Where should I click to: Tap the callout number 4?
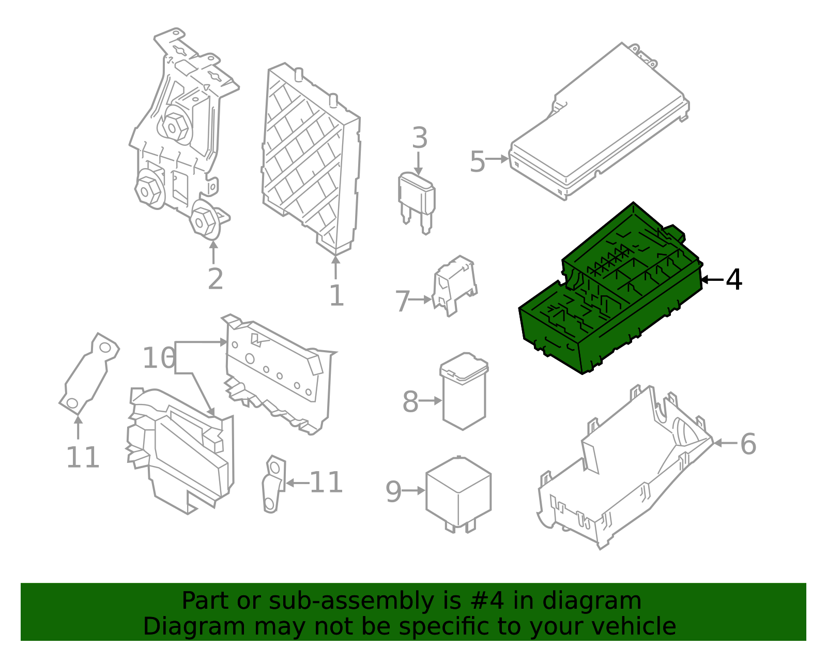click(734, 280)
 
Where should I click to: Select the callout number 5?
click(477, 162)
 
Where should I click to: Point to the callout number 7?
click(402, 302)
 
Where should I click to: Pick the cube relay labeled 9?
click(458, 491)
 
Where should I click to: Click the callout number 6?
click(748, 444)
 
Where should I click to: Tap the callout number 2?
click(215, 279)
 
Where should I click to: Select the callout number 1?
click(336, 296)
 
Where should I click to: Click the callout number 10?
click(159, 358)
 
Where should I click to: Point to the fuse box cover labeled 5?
click(600, 124)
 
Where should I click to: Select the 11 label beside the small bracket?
click(326, 483)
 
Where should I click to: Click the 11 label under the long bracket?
click(83, 457)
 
